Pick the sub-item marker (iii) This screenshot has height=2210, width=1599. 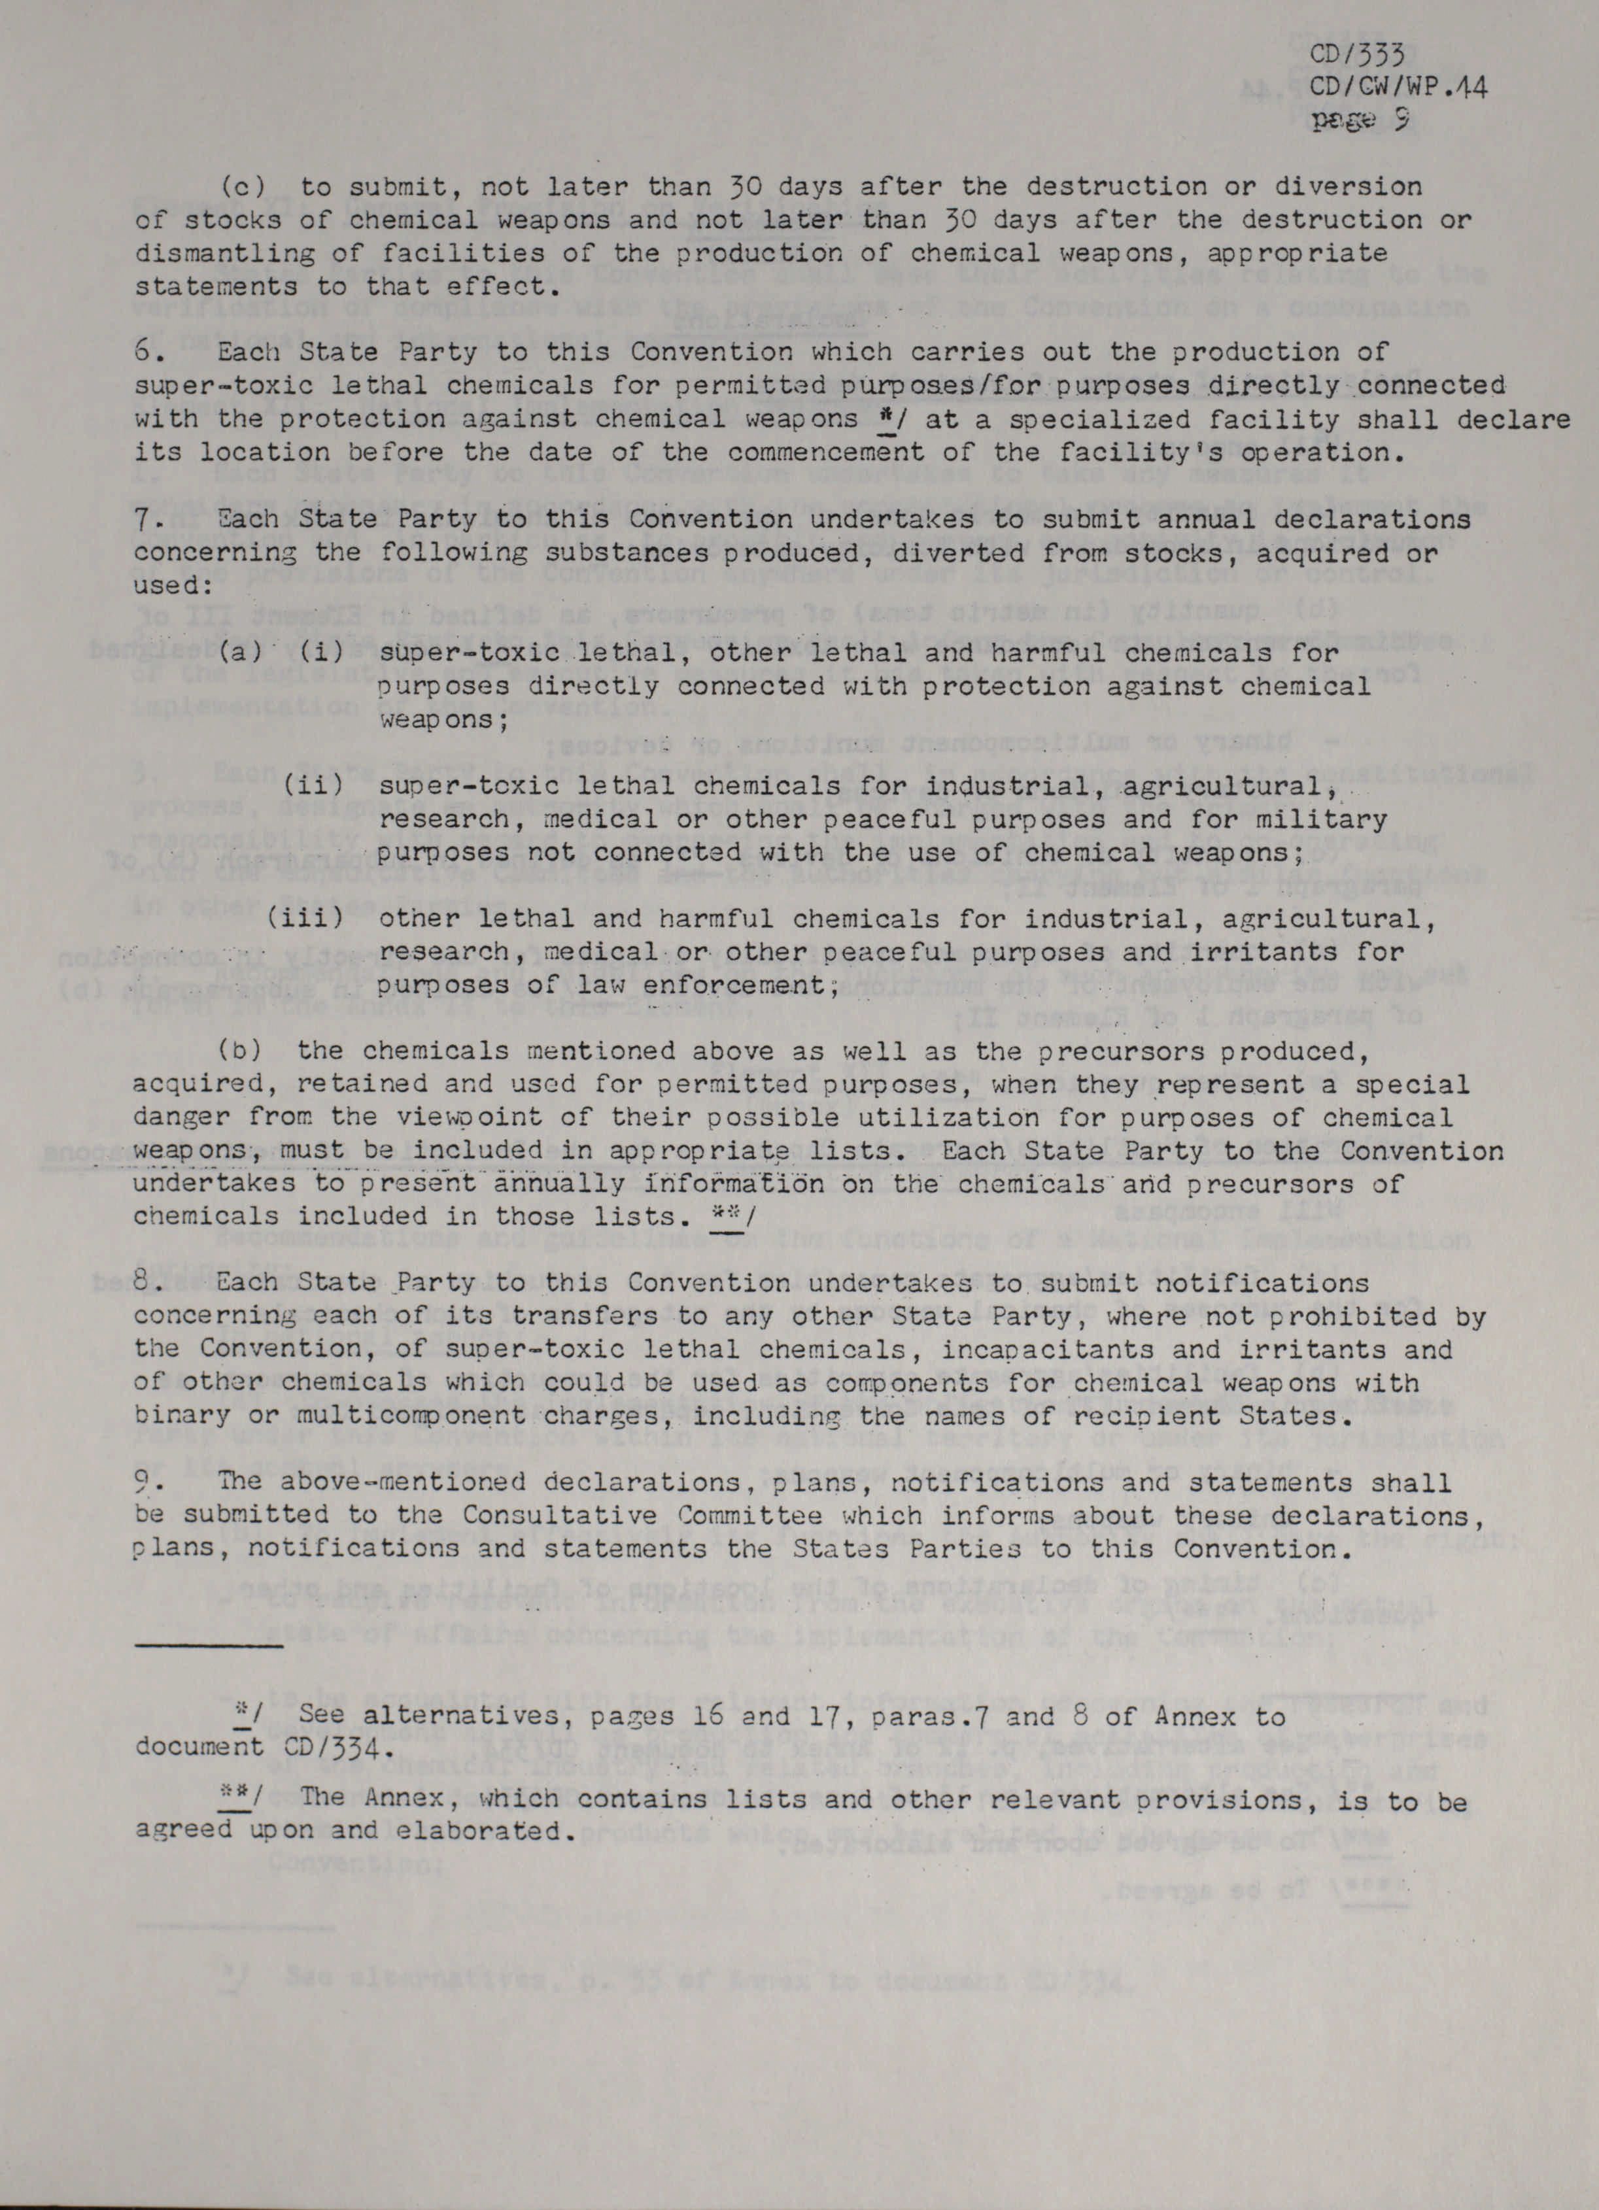(x=305, y=919)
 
